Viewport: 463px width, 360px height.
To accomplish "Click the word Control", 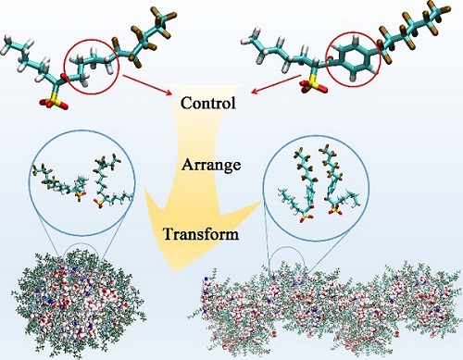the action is click(208, 103).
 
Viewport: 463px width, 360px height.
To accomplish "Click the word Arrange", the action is click(211, 165).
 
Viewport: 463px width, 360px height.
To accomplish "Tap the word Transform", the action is click(201, 234).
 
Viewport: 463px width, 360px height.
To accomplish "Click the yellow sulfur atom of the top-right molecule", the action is click(312, 84).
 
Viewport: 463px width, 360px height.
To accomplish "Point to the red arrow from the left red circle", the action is click(147, 84).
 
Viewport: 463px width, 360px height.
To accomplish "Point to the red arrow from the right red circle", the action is click(276, 83).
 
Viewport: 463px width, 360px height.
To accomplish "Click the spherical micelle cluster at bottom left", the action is click(79, 306).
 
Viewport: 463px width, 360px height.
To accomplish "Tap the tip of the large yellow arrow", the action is click(174, 271).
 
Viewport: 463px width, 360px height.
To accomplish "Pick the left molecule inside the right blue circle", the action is click(297, 185).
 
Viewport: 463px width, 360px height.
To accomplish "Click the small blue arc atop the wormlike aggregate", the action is click(287, 247).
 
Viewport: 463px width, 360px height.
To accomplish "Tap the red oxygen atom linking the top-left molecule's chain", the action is click(64, 76).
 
